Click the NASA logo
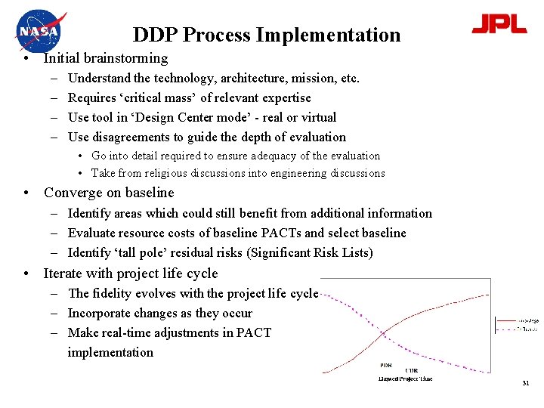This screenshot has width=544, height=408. (40, 31)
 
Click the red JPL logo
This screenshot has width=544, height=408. (499, 24)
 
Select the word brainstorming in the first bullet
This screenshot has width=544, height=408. (126, 58)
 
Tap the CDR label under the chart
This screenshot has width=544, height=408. (412, 370)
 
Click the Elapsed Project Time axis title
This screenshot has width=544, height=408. (406, 378)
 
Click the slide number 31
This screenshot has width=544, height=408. (525, 383)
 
